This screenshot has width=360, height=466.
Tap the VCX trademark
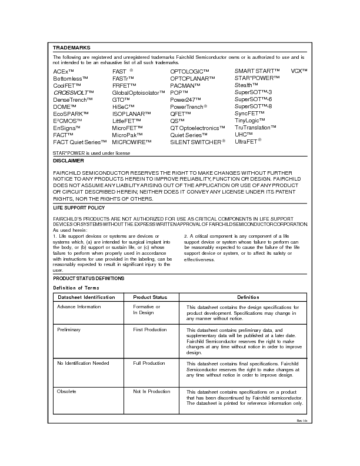[299, 71]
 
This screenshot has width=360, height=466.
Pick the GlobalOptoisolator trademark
[139, 92]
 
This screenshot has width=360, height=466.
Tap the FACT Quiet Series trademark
[76, 142]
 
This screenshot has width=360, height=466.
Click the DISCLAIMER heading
[68, 161]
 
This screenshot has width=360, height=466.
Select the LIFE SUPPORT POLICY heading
[79, 208]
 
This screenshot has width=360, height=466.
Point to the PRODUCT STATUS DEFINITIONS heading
[88, 278]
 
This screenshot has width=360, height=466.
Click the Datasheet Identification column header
[86, 297]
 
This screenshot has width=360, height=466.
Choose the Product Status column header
[150, 297]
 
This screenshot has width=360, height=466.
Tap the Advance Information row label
[79, 307]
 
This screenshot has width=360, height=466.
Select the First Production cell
[150, 330]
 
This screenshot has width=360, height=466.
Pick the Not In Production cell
[152, 391]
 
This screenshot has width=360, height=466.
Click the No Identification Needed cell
[83, 363]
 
